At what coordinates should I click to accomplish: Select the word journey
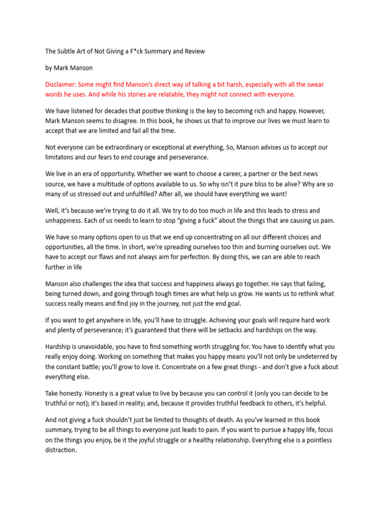(x=177, y=303)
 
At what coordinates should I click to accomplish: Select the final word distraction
(x=61, y=450)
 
